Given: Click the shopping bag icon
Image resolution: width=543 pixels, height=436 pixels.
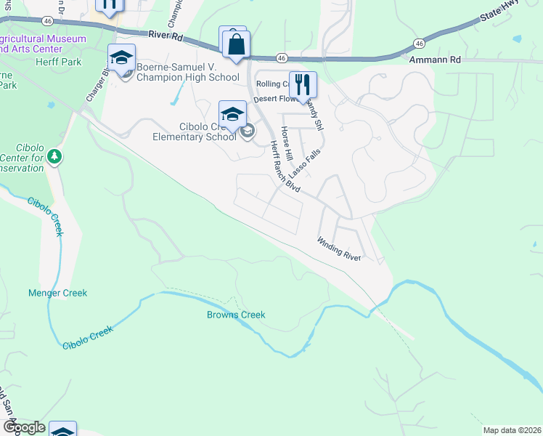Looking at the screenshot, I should (x=235, y=43).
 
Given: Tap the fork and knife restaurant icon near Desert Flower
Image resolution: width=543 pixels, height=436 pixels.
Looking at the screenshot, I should (x=303, y=84).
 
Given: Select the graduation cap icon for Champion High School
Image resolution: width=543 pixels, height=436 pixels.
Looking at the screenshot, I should (x=122, y=57).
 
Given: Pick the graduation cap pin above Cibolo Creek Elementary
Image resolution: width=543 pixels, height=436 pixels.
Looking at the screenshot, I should (x=232, y=113).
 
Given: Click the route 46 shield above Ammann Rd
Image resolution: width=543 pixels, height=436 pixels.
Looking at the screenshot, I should (x=420, y=44).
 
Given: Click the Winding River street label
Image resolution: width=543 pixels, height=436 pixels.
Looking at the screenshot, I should (x=339, y=249).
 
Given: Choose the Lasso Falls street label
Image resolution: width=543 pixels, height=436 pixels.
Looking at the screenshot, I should (x=304, y=165).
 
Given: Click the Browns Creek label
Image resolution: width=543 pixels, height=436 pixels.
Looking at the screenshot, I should (x=236, y=315).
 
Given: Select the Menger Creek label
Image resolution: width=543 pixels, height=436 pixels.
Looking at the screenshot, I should (x=57, y=293).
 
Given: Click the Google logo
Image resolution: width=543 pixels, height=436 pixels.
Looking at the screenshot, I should (x=23, y=427).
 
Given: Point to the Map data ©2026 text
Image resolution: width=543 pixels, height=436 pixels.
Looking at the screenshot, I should (x=512, y=430).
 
